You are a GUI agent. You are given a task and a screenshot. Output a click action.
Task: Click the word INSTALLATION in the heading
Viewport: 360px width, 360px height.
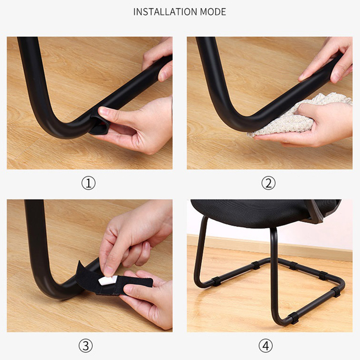coord(165,12)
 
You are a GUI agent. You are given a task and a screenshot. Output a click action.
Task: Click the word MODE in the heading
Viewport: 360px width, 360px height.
coord(213,12)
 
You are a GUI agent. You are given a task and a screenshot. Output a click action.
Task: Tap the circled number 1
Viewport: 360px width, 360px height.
coord(89,183)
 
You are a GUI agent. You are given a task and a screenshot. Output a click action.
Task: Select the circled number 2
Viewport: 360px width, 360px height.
coord(268,183)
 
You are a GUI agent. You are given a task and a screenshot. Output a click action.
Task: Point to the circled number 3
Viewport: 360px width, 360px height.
coord(85,346)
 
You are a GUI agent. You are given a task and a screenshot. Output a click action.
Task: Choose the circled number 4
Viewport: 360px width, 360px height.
coord(266,346)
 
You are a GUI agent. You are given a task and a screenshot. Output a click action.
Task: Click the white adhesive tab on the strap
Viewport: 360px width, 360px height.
coord(108,280)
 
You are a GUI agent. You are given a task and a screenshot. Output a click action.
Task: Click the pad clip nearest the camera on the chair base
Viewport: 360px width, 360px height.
coord(293,318)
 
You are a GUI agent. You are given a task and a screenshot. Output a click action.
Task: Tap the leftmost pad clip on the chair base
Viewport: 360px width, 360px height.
coord(216,281)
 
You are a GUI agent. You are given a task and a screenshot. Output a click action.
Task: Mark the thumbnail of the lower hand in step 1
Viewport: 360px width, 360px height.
coord(103,111)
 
